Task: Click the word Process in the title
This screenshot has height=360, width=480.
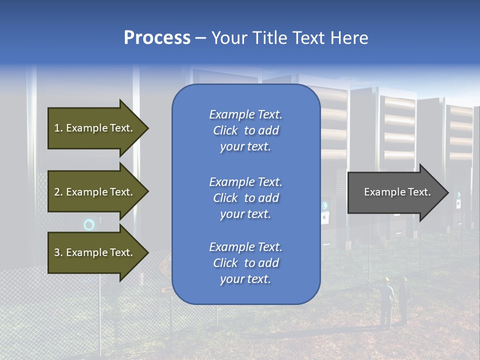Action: pos(157,38)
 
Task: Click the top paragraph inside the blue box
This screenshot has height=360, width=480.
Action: pos(245,130)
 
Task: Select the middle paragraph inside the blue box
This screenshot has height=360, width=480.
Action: pos(245,198)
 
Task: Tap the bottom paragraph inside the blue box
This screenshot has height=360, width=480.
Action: pos(245,263)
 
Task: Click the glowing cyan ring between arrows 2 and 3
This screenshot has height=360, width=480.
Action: pos(89,225)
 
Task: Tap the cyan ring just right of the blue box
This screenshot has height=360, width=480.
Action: pos(325,205)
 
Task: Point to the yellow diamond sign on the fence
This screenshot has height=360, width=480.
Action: pos(165,262)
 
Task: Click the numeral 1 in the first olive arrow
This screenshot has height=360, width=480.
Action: pos(57,128)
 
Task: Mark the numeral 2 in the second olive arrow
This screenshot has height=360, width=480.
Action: pos(57,192)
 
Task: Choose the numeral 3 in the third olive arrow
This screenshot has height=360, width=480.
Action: pos(57,252)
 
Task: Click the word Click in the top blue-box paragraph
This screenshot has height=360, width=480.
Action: pos(225,130)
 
